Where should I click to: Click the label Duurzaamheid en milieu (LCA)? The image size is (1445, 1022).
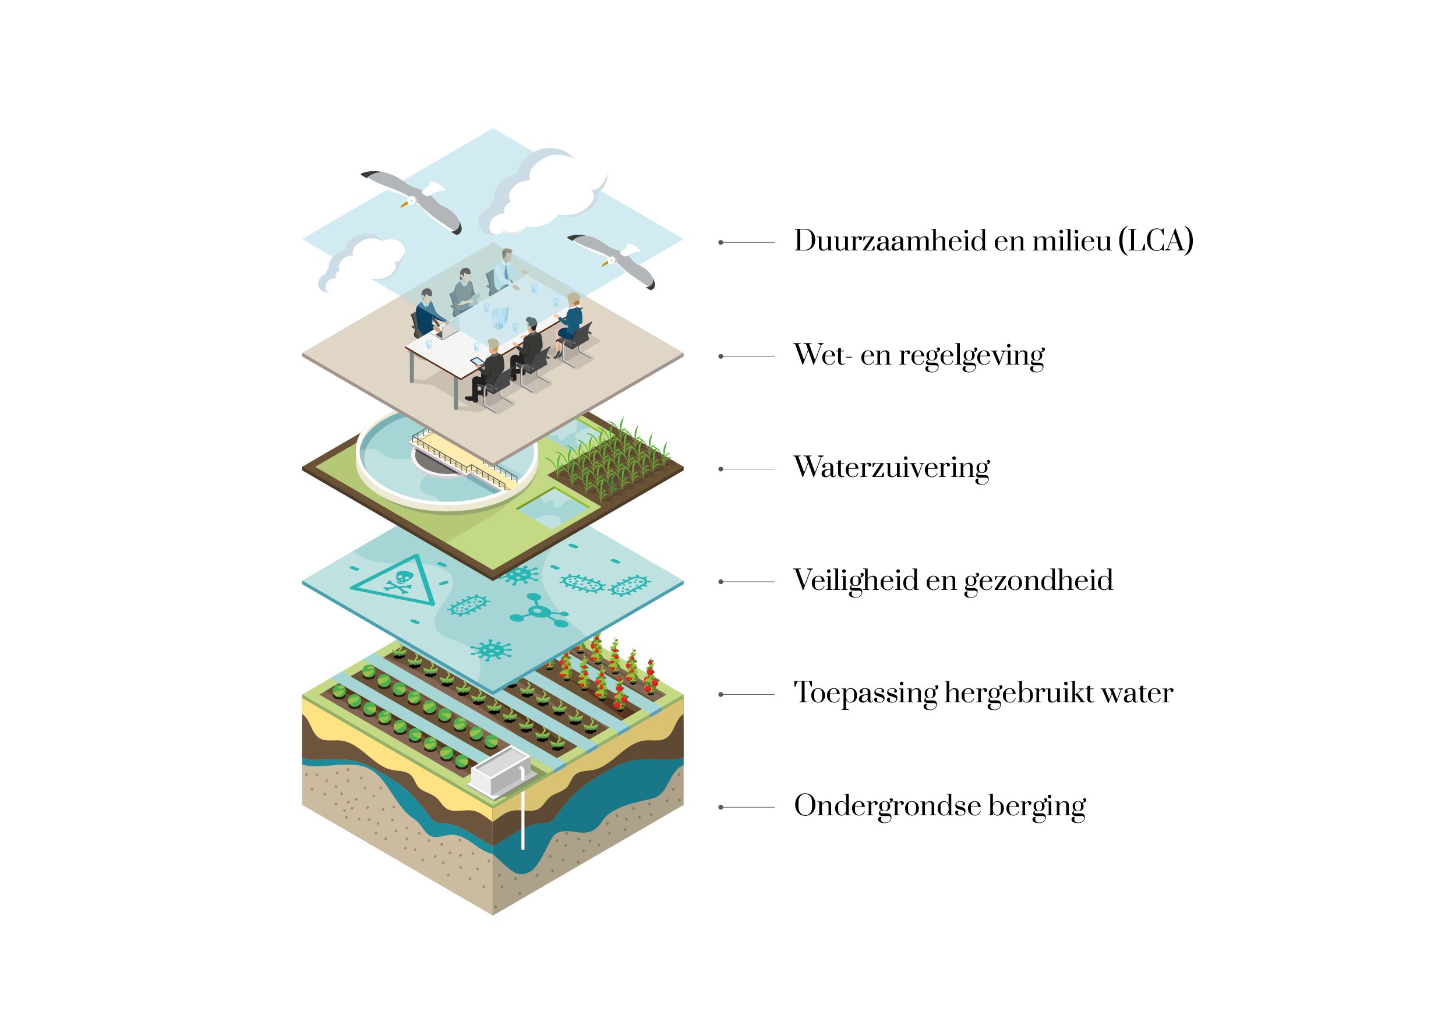pos(993,242)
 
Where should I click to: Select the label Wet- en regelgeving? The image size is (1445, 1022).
pos(918,356)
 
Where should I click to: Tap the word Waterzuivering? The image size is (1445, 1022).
pos(891,468)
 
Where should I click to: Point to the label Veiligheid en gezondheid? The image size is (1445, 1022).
pos(953,581)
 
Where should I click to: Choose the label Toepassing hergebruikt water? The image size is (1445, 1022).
pos(983,694)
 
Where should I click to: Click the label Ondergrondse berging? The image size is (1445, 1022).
pos(939,806)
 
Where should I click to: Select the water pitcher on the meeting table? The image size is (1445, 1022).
pos(500,319)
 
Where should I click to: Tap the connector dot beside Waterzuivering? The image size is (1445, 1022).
pos(721,469)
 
